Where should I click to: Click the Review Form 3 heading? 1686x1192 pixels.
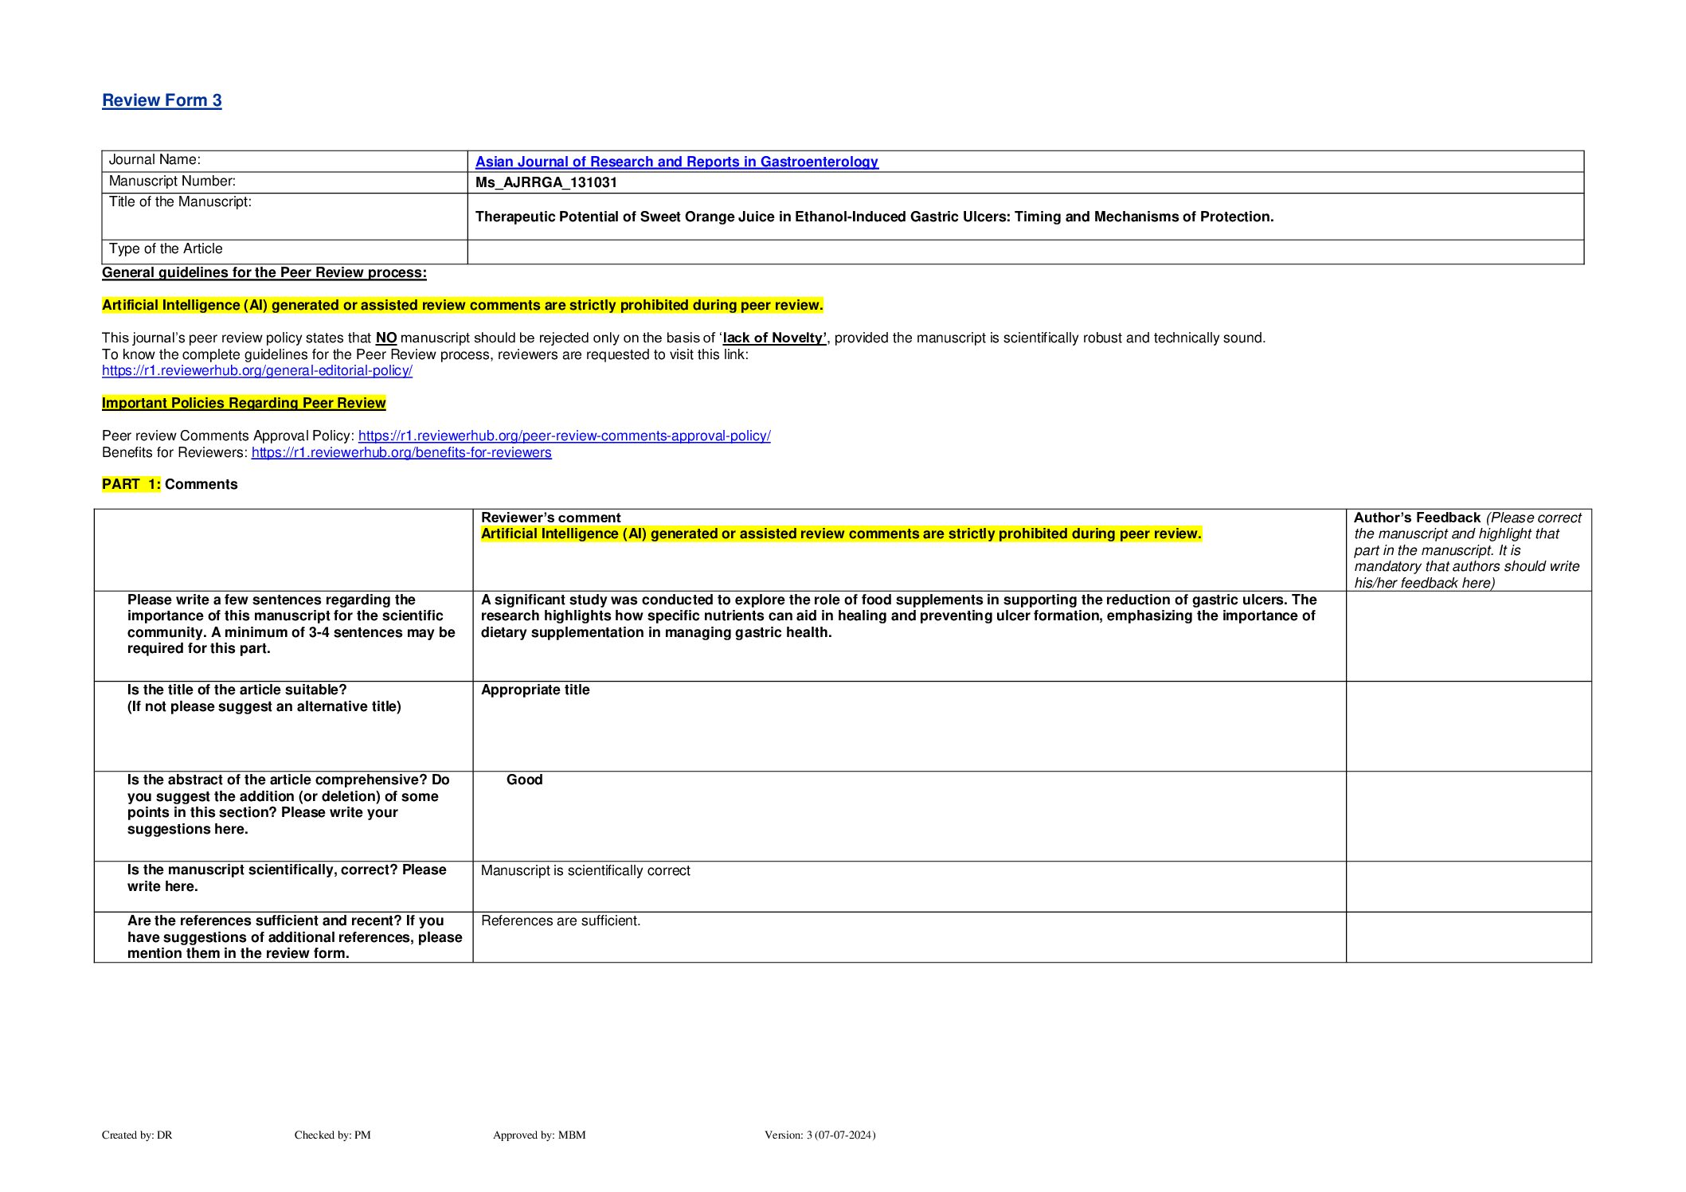click(162, 100)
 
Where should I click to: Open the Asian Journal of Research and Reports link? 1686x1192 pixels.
click(676, 162)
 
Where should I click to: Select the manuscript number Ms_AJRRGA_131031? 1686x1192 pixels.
click(546, 182)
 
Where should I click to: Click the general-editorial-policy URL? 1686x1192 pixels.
click(256, 370)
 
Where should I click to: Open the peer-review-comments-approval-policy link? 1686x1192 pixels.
click(564, 436)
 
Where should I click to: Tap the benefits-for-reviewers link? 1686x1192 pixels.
click(401, 452)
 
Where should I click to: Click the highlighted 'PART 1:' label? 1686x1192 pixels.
click(131, 484)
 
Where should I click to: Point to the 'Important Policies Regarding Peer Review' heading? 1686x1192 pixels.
click(244, 403)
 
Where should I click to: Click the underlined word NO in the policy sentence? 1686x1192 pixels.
click(385, 338)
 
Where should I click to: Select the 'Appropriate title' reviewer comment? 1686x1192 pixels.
click(535, 690)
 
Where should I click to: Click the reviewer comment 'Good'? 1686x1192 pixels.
click(524, 780)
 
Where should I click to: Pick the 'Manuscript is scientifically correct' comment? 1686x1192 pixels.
click(585, 870)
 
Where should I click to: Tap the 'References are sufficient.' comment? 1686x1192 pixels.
click(561, 920)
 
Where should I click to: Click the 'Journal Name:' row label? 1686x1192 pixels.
click(155, 160)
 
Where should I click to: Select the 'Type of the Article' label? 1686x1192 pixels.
click(166, 248)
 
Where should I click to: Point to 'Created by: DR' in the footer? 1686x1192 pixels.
click(137, 1135)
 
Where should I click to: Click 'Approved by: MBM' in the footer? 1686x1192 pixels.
click(539, 1135)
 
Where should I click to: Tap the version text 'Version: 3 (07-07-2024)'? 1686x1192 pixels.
click(820, 1135)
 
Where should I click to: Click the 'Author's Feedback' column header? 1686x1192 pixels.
click(1416, 518)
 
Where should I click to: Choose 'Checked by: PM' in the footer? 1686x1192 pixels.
click(332, 1135)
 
